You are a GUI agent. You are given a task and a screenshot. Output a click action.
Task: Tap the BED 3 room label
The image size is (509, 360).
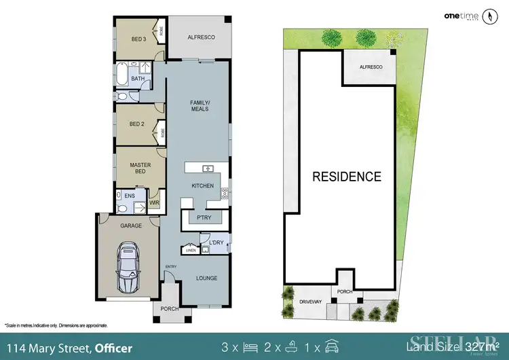[x=138, y=39]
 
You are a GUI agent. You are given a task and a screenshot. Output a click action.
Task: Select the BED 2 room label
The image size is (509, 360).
[x=137, y=124]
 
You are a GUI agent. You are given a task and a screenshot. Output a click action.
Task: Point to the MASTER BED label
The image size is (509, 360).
[x=140, y=168]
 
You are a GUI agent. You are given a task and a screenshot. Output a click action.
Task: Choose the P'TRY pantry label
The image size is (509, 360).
[x=204, y=219]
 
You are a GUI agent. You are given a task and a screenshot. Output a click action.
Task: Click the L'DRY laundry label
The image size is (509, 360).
[x=216, y=242]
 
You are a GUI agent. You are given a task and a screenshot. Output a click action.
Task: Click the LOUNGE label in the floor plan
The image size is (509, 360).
[x=207, y=278]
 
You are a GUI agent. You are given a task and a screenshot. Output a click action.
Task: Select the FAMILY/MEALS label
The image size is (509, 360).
[x=200, y=105]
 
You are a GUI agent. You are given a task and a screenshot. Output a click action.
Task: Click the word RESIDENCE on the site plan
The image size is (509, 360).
[x=347, y=177]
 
